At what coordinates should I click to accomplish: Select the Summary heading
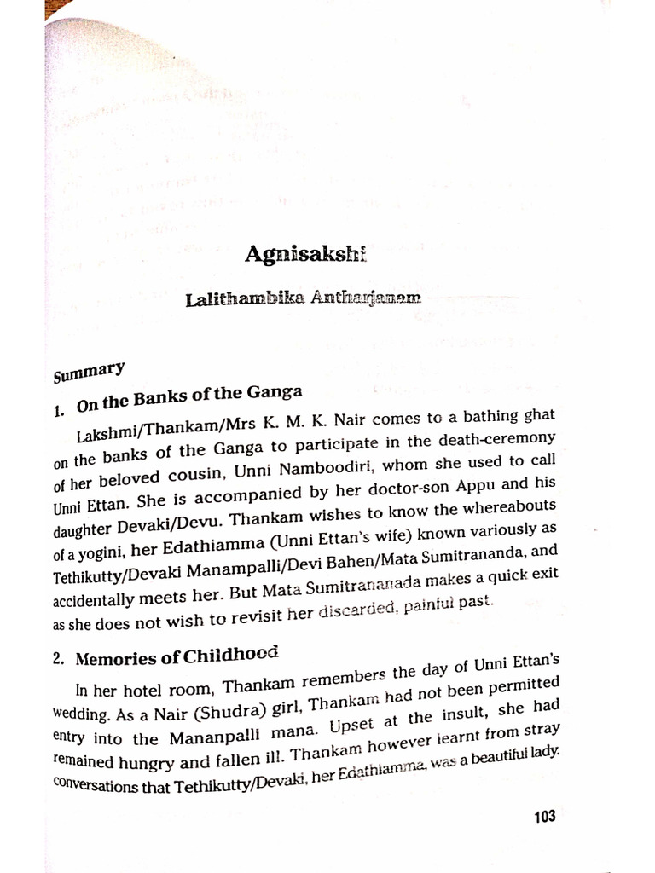tap(89, 373)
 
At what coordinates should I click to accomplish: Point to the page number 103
tap(544, 816)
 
